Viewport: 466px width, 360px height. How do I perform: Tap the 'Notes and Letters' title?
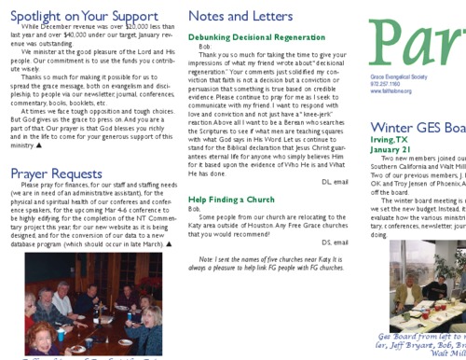pos(243,16)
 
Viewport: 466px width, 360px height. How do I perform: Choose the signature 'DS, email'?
pos(336,242)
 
